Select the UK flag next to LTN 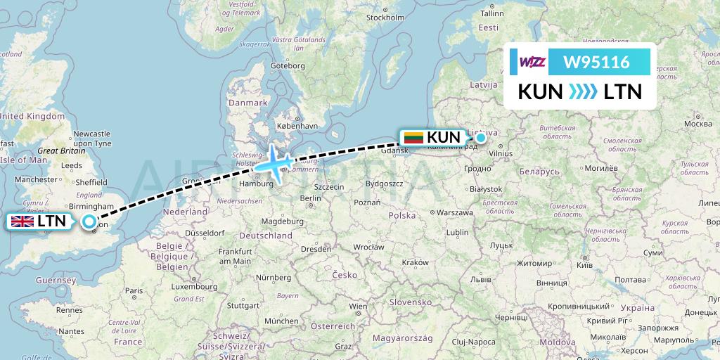tap(22, 221)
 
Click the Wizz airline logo tap(533, 63)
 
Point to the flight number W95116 tap(597, 63)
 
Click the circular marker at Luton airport tap(89, 222)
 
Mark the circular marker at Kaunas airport tap(481, 138)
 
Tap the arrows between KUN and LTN tap(583, 91)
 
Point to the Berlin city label tap(310, 198)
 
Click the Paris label tap(134, 290)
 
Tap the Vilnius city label tap(501, 152)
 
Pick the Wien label tap(358, 307)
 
